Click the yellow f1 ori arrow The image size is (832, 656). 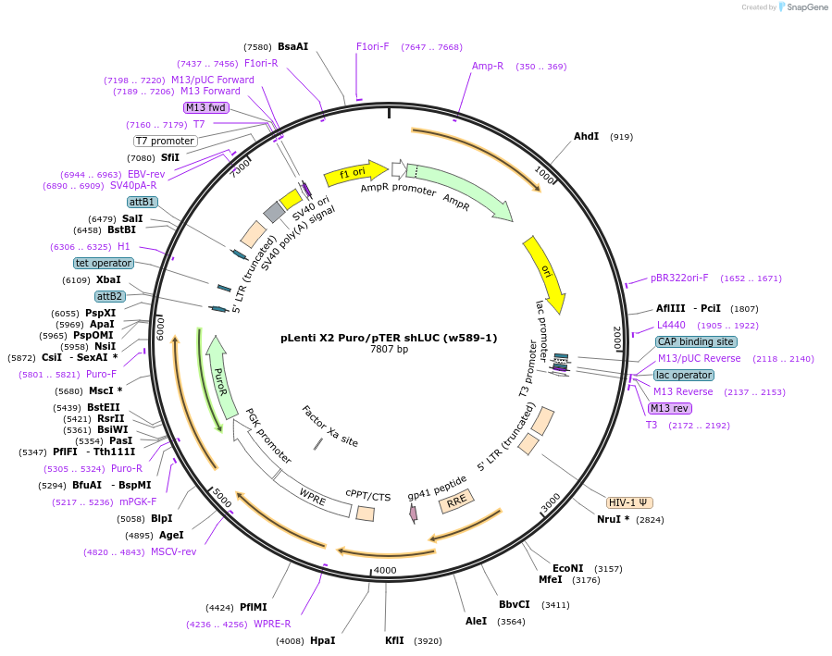point(354,173)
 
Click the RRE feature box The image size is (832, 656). point(456,501)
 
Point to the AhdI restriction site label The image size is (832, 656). point(586,136)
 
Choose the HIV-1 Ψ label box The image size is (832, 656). point(629,502)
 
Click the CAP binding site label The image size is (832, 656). point(696,341)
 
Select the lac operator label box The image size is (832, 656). point(683,375)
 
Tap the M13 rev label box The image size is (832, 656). point(669,408)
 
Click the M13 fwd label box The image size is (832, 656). point(205,107)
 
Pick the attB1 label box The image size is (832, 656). point(143,202)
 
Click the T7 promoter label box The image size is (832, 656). point(165,141)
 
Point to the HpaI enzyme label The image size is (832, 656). point(322,640)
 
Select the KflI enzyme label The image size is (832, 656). point(394,640)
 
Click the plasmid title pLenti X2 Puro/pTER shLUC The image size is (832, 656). point(389,338)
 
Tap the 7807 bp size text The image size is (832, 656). point(389,350)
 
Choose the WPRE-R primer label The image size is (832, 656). point(272,624)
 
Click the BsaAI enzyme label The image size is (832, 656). point(292,46)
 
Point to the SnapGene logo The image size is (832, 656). point(802,7)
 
